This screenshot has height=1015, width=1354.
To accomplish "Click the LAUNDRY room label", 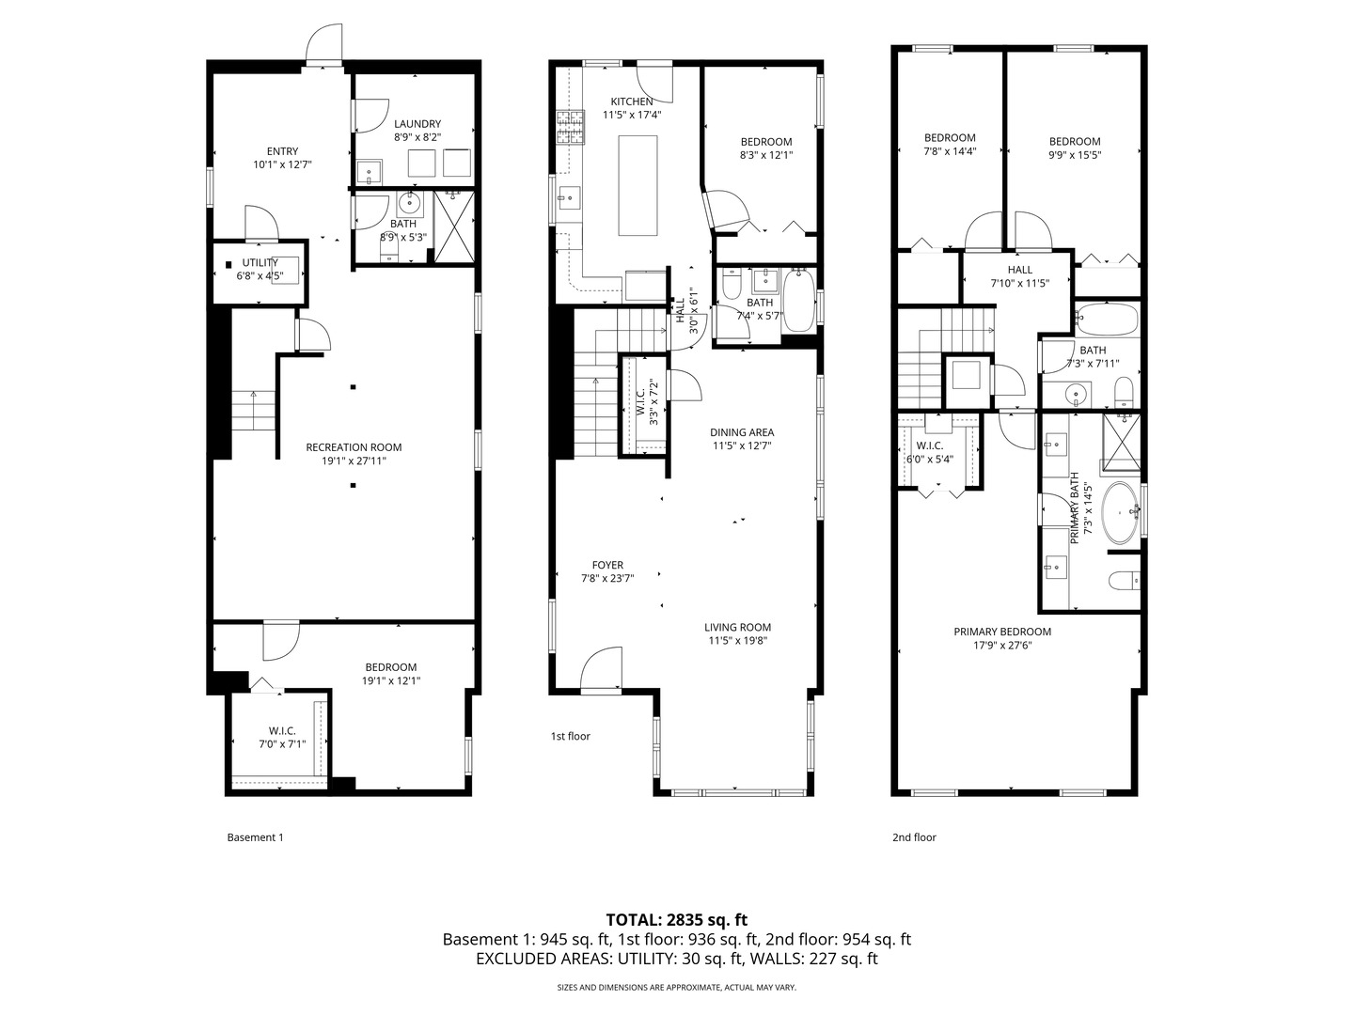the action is (417, 124).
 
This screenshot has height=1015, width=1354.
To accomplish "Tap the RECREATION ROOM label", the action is (354, 447).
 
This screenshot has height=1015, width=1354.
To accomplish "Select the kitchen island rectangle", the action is (638, 185).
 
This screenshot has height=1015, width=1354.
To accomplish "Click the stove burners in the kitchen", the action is (571, 128).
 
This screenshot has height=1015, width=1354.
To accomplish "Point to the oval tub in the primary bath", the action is (1122, 513).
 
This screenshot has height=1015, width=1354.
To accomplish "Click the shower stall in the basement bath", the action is (454, 226).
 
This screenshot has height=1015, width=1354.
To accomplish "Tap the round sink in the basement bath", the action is (409, 201).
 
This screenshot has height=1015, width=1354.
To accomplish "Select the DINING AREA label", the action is (742, 432).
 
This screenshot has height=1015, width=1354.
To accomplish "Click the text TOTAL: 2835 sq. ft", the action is (677, 920).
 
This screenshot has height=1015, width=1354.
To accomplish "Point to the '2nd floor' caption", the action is (914, 837).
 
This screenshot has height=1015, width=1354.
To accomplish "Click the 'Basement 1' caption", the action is (256, 837).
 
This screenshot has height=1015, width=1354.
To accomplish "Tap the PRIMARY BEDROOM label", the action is (1002, 632).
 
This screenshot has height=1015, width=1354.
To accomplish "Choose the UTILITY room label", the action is (260, 262).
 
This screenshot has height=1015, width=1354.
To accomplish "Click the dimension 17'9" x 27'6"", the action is (1002, 646).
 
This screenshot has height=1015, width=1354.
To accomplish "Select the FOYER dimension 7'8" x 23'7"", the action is (607, 579).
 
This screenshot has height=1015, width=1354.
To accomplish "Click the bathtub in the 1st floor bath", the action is (799, 301).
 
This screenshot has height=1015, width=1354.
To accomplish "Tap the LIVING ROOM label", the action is (739, 628).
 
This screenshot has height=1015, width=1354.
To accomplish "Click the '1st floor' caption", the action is (571, 737).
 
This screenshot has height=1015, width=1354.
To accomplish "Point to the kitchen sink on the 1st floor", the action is (569, 197).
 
